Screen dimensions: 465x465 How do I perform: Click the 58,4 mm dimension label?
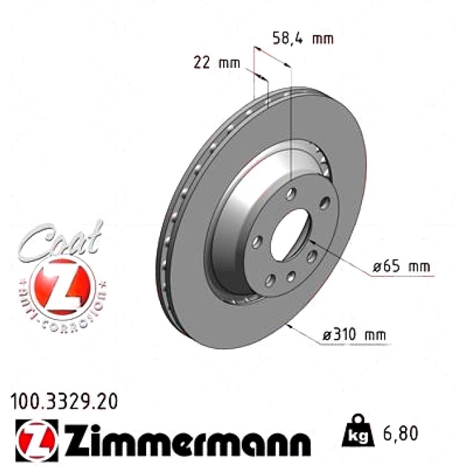(303, 39)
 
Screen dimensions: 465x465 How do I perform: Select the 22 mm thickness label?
(217, 63)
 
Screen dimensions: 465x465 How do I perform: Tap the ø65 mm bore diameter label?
(401, 266)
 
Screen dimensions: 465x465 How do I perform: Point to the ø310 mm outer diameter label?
(354, 335)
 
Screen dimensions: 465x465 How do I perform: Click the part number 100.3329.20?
(64, 401)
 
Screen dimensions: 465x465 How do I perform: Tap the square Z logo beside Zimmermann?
(37, 440)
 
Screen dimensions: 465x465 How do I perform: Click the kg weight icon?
(358, 432)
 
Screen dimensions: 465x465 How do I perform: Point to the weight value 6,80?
(401, 433)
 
